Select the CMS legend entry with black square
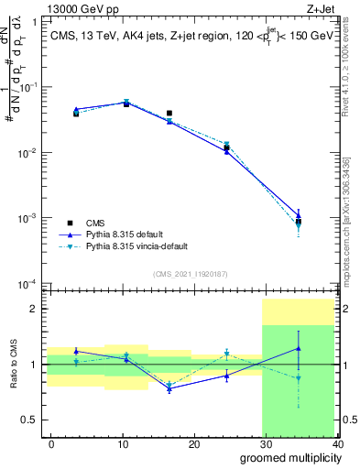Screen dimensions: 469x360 point(96,223)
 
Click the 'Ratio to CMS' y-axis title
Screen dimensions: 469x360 point(14,364)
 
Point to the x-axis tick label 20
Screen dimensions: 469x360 point(194,443)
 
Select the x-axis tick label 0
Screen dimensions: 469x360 point(51,443)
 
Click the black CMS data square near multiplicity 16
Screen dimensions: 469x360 point(169,114)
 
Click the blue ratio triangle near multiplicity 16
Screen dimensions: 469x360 point(169,388)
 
